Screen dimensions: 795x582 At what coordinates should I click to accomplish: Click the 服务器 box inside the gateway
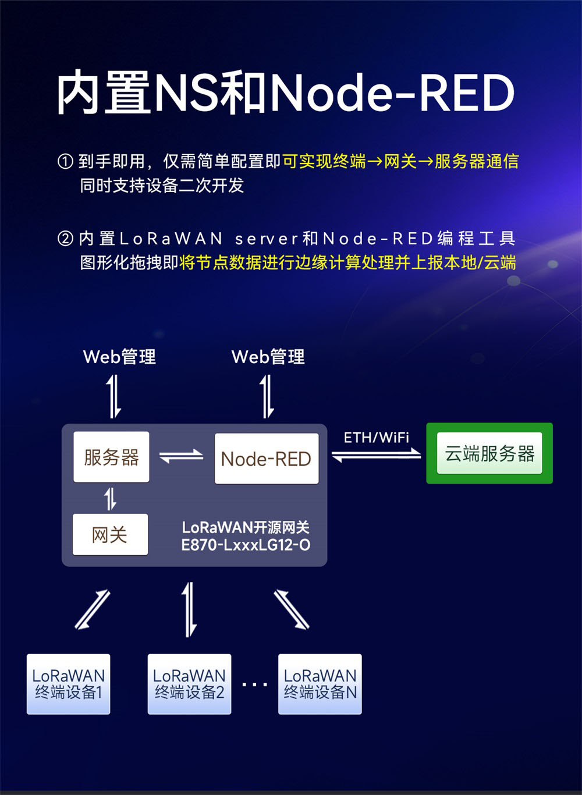pos(111,457)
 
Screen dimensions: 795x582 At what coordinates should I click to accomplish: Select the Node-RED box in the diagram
pos(267,459)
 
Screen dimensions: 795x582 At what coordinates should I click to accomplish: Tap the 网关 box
pos(110,534)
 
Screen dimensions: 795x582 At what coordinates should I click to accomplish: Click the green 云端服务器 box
pos(489,453)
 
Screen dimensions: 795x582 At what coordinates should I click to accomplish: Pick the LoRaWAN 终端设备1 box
pos(68,684)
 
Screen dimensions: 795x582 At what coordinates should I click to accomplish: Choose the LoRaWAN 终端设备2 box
pos(189,684)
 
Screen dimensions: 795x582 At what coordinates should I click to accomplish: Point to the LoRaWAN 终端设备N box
pos(320,684)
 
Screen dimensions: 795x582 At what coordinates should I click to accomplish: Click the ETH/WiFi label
pos(377,437)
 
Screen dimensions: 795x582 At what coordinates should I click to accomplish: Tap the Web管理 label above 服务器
pos(119,357)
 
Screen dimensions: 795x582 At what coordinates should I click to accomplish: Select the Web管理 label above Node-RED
pos(268,357)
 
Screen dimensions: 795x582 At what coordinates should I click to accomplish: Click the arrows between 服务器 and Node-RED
pos(182,457)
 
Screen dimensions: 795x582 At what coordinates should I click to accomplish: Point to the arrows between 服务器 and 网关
pos(110,499)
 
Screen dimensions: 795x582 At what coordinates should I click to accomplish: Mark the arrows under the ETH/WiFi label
pos(377,454)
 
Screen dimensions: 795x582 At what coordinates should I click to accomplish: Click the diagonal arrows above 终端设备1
pos(93,609)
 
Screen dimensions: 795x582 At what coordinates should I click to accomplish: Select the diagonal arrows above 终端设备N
pos(292,609)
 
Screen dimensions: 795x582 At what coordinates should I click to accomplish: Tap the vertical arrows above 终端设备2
pos(189,609)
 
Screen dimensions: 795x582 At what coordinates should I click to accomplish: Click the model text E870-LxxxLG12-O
pos(246,545)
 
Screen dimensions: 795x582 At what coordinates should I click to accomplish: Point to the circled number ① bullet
pos(65,161)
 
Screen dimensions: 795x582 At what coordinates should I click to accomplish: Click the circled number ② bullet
pos(65,239)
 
